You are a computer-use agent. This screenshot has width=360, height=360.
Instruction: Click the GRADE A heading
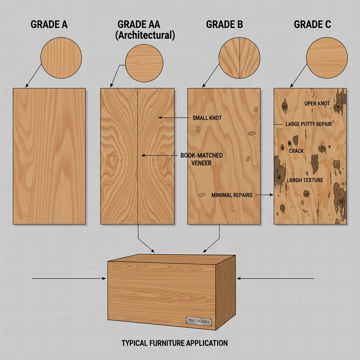pos(49,25)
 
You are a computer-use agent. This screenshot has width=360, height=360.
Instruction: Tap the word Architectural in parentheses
pos(146,36)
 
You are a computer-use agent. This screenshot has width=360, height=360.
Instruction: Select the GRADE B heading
pos(224,25)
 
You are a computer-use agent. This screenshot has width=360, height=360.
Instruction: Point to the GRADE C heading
pos(312,25)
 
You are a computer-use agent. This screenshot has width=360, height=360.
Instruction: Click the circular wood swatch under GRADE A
pos(61,58)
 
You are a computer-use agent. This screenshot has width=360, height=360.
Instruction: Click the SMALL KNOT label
pos(207,118)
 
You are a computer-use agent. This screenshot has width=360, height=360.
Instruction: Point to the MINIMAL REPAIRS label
pos(232,195)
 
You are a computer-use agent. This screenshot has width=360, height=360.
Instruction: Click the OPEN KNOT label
pos(317,103)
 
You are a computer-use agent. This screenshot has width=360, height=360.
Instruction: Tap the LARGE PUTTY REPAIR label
pos(308,124)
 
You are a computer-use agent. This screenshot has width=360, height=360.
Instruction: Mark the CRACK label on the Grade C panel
pos(296,150)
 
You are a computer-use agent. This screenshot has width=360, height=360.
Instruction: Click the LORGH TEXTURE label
pos(304,180)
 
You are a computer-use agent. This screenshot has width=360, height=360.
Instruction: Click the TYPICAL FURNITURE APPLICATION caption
pos(174,343)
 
